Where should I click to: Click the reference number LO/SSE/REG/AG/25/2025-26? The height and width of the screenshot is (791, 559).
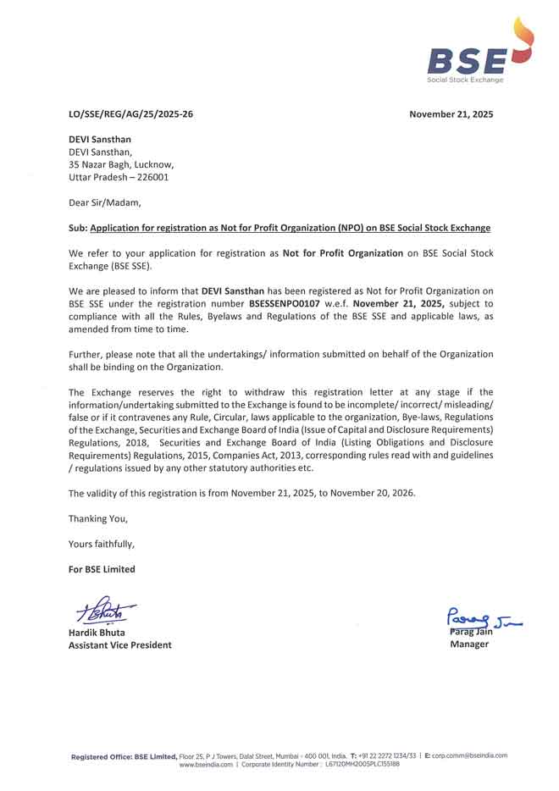click(130, 113)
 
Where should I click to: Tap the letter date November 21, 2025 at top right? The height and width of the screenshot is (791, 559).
click(451, 113)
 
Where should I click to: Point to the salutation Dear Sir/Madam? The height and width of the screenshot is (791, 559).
click(105, 202)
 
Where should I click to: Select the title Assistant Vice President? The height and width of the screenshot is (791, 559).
click(119, 644)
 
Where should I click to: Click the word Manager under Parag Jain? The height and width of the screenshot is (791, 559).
click(469, 644)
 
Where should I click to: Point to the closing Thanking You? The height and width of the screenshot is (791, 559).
click(97, 518)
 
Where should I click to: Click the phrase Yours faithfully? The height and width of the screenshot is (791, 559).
click(101, 544)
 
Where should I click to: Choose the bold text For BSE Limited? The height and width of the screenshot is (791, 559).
click(102, 569)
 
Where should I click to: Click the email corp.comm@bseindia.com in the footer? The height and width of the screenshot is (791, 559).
click(469, 755)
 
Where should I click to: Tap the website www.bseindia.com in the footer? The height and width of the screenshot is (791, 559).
click(205, 764)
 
